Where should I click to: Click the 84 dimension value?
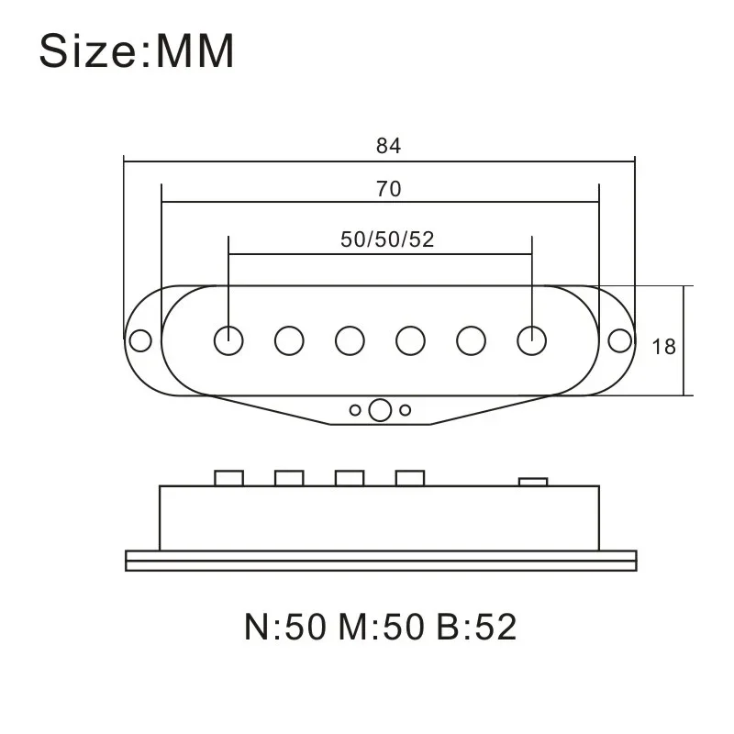click(x=388, y=146)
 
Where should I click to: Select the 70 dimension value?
click(x=388, y=189)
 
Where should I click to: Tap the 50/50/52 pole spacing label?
click(x=387, y=239)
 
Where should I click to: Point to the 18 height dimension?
click(x=663, y=346)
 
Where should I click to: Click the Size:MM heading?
click(x=137, y=52)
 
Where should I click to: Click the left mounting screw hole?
click(x=140, y=340)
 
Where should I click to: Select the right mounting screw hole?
click(x=620, y=340)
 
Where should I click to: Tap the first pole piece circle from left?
click(x=228, y=340)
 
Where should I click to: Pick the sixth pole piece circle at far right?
click(x=531, y=340)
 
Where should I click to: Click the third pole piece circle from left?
click(x=350, y=340)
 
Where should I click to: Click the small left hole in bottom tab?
click(x=355, y=410)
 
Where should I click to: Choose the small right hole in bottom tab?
click(x=405, y=410)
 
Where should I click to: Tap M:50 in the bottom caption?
click(x=380, y=628)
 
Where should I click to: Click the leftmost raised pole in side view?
click(x=228, y=478)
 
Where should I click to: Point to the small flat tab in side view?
click(x=532, y=481)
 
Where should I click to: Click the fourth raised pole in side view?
click(x=410, y=478)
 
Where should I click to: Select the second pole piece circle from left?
click(x=289, y=340)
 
